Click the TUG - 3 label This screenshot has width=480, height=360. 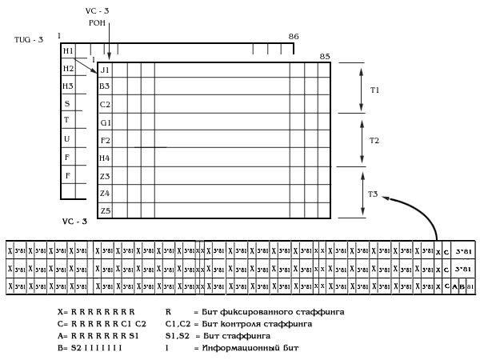point(29,39)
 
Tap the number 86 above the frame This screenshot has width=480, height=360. point(293,37)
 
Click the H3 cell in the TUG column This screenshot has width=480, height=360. point(68,86)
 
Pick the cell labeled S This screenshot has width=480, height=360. point(67,103)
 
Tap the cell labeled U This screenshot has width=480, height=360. point(67,138)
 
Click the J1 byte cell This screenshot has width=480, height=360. point(105,70)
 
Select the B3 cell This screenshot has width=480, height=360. point(105,86)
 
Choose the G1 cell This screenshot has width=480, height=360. point(105,122)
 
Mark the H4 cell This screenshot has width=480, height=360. point(105,158)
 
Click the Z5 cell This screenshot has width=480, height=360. point(105,210)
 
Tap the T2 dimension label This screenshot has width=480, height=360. point(374,140)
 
